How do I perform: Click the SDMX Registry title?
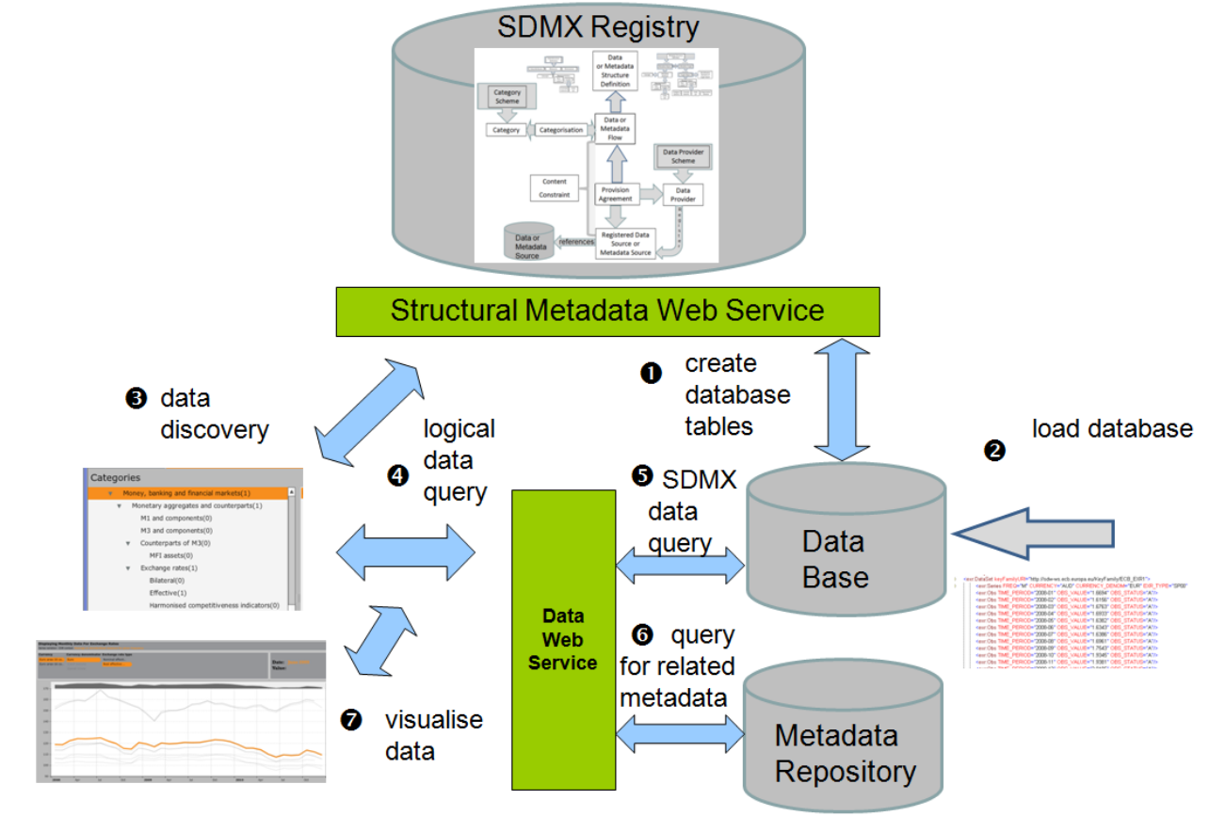click(x=599, y=26)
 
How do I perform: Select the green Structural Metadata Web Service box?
click(x=607, y=312)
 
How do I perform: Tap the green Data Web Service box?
click(x=562, y=639)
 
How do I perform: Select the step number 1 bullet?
click(x=651, y=374)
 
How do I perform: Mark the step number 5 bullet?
click(x=643, y=477)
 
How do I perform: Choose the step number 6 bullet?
click(x=642, y=635)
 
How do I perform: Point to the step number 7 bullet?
click(x=350, y=721)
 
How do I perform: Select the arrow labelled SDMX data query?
click(x=679, y=566)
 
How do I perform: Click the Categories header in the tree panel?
click(x=116, y=477)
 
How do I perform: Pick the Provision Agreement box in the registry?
click(x=615, y=195)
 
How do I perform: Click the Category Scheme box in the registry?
click(x=507, y=97)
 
